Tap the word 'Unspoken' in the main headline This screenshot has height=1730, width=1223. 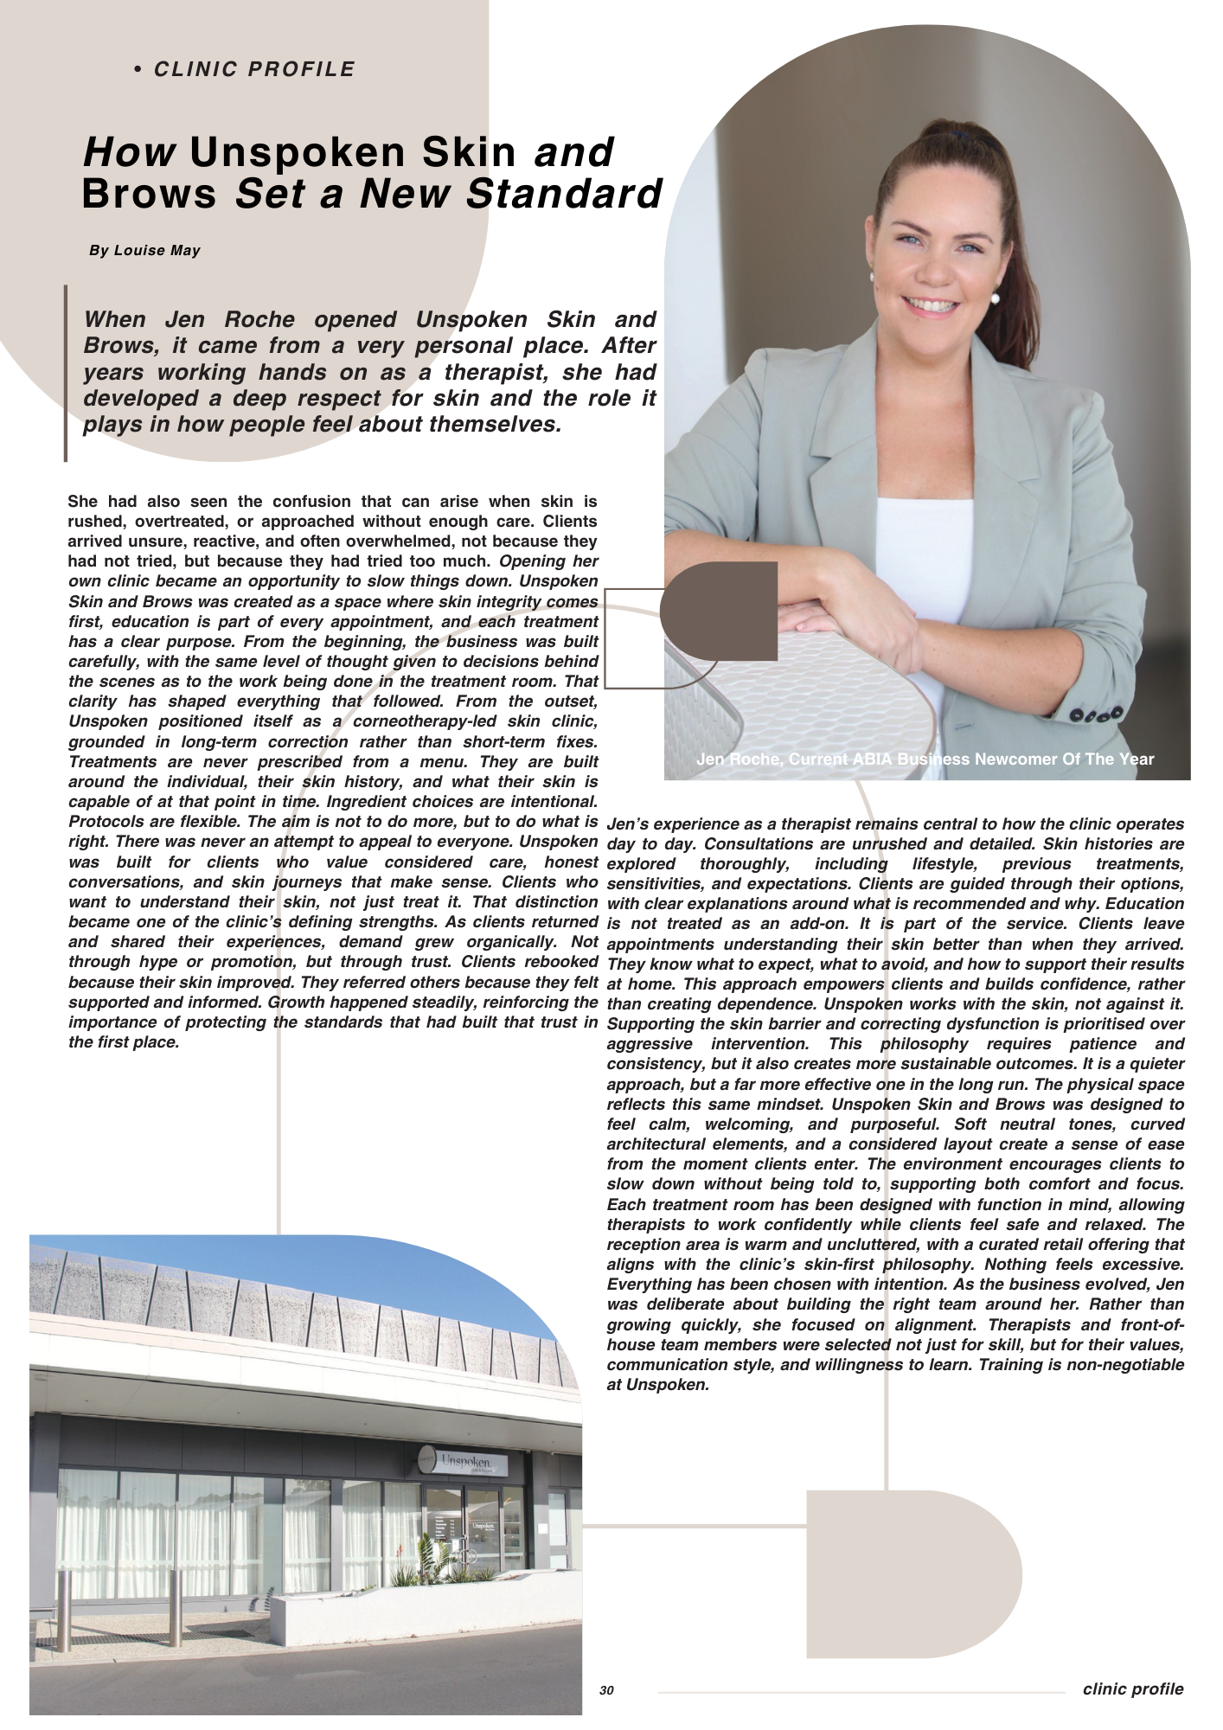click(x=351, y=152)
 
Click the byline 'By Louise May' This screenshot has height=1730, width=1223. click(x=144, y=251)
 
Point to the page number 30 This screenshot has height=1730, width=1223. click(x=606, y=1690)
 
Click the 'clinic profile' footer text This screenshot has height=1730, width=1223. click(x=1132, y=1688)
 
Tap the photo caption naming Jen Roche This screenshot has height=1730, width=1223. click(x=925, y=759)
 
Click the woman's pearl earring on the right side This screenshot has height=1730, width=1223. click(x=995, y=298)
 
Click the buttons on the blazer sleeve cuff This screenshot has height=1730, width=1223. click(x=1097, y=714)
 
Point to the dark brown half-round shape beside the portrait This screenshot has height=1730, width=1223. click(x=719, y=611)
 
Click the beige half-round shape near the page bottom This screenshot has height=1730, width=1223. click(x=912, y=1573)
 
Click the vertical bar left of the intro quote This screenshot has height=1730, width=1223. click(x=66, y=373)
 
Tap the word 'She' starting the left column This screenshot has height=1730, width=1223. click(x=83, y=502)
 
